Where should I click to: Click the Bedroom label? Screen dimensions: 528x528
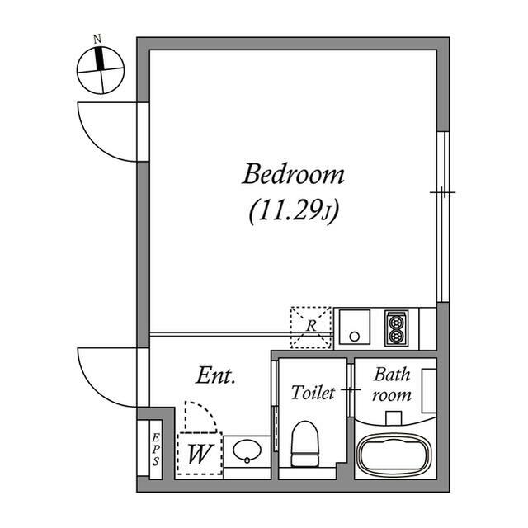[294, 174]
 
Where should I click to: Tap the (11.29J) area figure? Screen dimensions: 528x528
[294, 211]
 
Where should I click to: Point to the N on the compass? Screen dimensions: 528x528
[97, 40]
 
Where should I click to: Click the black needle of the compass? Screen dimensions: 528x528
[99, 59]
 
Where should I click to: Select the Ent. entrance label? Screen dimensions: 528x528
[215, 375]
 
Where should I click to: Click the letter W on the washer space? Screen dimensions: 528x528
[200, 454]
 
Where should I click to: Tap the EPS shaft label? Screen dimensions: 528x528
[155, 450]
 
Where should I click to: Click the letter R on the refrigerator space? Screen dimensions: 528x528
[312, 326]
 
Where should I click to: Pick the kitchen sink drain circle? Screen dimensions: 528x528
[354, 336]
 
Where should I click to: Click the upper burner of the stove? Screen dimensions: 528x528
[396, 323]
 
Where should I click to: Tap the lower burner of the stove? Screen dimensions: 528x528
[396, 336]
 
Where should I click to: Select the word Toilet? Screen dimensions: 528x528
[313, 393]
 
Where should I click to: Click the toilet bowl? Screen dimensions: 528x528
[304, 444]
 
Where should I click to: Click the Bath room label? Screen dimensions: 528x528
[392, 384]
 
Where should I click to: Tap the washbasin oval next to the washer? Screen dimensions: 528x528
[247, 450]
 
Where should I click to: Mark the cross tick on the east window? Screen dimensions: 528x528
[442, 192]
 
